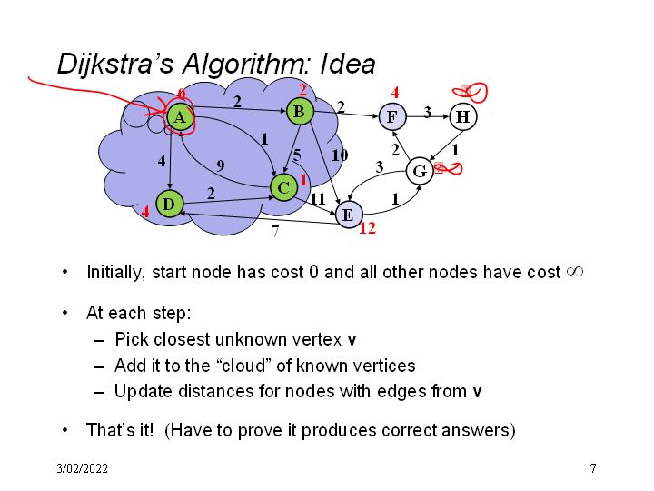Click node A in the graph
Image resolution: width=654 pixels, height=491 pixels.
tap(180, 116)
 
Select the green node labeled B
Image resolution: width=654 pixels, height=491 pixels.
tap(299, 112)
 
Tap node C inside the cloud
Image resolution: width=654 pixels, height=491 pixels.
tap(283, 187)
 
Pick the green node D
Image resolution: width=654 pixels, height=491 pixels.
tap(168, 204)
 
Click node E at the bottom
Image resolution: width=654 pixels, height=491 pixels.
tap(347, 215)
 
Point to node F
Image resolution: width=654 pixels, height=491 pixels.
tap(391, 116)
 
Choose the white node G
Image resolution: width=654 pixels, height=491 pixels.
tap(420, 170)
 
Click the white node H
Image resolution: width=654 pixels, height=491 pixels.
tap(462, 116)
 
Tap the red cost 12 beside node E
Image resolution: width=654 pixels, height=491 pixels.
tap(367, 229)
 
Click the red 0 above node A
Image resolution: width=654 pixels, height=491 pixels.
tap(182, 94)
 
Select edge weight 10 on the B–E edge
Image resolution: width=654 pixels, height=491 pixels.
tap(340, 155)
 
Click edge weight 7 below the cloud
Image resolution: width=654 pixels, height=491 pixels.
tap(275, 232)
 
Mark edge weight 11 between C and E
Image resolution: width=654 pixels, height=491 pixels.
tap(318, 198)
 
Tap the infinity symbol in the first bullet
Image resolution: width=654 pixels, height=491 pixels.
tap(574, 272)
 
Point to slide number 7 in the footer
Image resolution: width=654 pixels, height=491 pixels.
tap(592, 468)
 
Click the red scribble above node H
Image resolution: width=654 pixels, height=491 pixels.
tap(472, 91)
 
